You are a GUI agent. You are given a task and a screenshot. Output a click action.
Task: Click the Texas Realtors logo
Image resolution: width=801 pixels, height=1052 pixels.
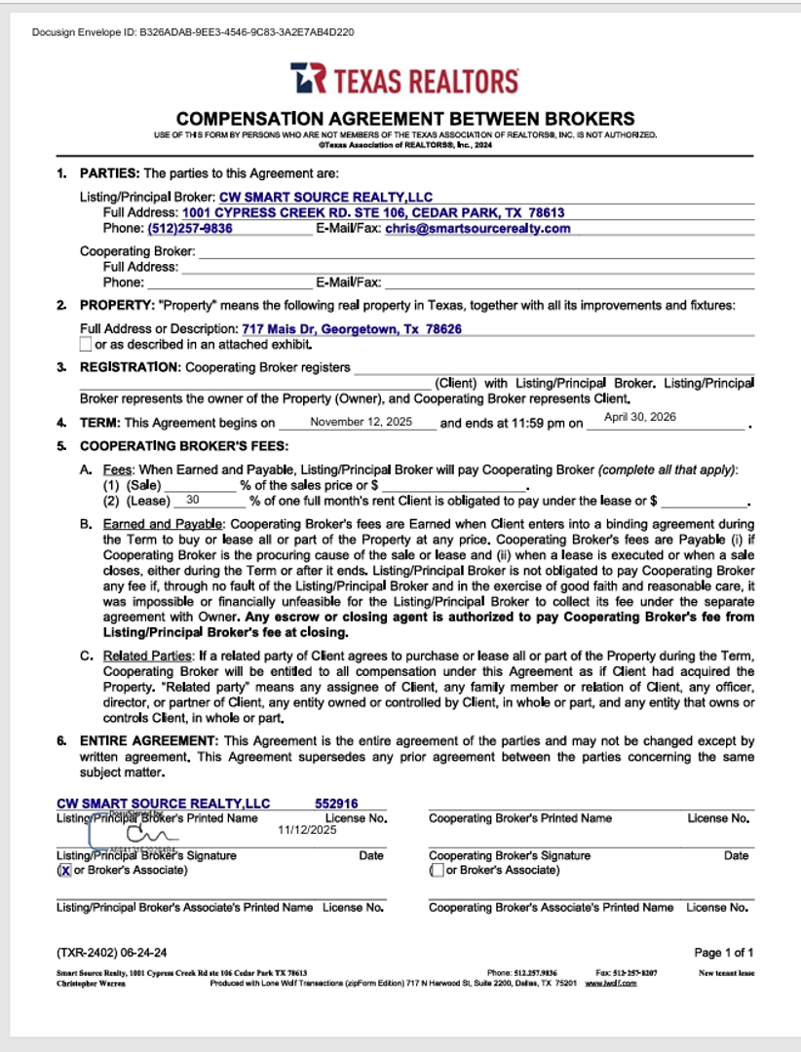(x=404, y=79)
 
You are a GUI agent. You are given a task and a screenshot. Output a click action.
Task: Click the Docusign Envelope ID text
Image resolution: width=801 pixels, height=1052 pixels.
(x=193, y=32)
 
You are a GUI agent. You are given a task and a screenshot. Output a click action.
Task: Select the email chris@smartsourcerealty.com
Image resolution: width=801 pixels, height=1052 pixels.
(x=477, y=229)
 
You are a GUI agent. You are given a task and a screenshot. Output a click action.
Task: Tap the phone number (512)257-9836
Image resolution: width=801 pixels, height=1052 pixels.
(x=190, y=229)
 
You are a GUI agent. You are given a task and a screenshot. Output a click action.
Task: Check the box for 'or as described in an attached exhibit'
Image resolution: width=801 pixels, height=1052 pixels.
(x=86, y=345)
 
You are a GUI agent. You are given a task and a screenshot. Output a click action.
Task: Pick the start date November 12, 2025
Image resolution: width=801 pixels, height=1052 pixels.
(x=358, y=423)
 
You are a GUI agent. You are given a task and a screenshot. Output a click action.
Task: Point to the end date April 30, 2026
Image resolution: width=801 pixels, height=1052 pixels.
(x=640, y=417)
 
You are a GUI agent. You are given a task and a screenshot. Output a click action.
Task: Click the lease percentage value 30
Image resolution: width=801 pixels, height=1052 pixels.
(x=192, y=500)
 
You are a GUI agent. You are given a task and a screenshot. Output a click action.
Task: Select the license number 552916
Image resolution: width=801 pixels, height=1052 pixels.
(x=336, y=804)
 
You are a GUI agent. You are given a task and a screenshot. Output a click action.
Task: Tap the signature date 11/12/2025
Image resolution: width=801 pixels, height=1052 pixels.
(x=307, y=831)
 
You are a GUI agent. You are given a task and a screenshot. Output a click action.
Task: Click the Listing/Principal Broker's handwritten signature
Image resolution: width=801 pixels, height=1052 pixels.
(x=146, y=834)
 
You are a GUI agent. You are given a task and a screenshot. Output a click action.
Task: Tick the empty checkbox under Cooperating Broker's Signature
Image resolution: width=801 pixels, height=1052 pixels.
(x=438, y=870)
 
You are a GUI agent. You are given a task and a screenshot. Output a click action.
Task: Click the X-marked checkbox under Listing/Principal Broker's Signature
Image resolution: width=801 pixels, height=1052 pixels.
(x=65, y=871)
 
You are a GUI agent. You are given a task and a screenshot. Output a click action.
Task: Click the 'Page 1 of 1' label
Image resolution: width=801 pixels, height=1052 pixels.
(x=724, y=953)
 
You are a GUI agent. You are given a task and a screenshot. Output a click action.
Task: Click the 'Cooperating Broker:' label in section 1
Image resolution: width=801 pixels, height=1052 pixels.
(x=137, y=251)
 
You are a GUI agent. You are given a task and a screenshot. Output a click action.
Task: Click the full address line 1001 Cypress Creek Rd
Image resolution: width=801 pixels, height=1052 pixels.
(x=373, y=212)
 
